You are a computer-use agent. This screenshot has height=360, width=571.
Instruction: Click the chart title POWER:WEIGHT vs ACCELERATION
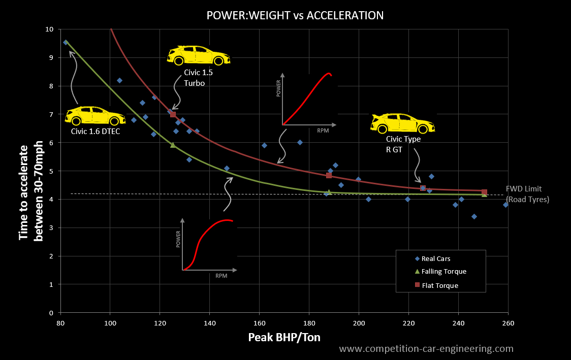pos(295,15)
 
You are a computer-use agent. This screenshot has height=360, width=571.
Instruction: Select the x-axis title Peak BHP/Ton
pos(284,338)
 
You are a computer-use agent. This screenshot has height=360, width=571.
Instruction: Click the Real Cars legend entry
pos(435,258)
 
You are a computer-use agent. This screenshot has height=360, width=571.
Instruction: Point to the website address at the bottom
pos(426,349)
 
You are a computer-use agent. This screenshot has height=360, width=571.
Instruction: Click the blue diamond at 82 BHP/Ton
pos(66,43)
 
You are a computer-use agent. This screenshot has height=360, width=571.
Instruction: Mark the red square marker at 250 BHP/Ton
pos(484,192)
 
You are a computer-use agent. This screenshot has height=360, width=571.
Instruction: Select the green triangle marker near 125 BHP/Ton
pos(173,145)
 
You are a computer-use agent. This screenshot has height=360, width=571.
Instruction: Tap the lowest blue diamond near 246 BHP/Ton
pos(474,216)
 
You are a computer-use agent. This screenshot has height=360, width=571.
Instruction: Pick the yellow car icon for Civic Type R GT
pos(403,122)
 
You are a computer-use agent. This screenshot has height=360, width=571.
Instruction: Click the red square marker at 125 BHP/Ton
pos(173,114)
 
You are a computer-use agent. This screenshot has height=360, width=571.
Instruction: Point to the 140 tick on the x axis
pos(209,323)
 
